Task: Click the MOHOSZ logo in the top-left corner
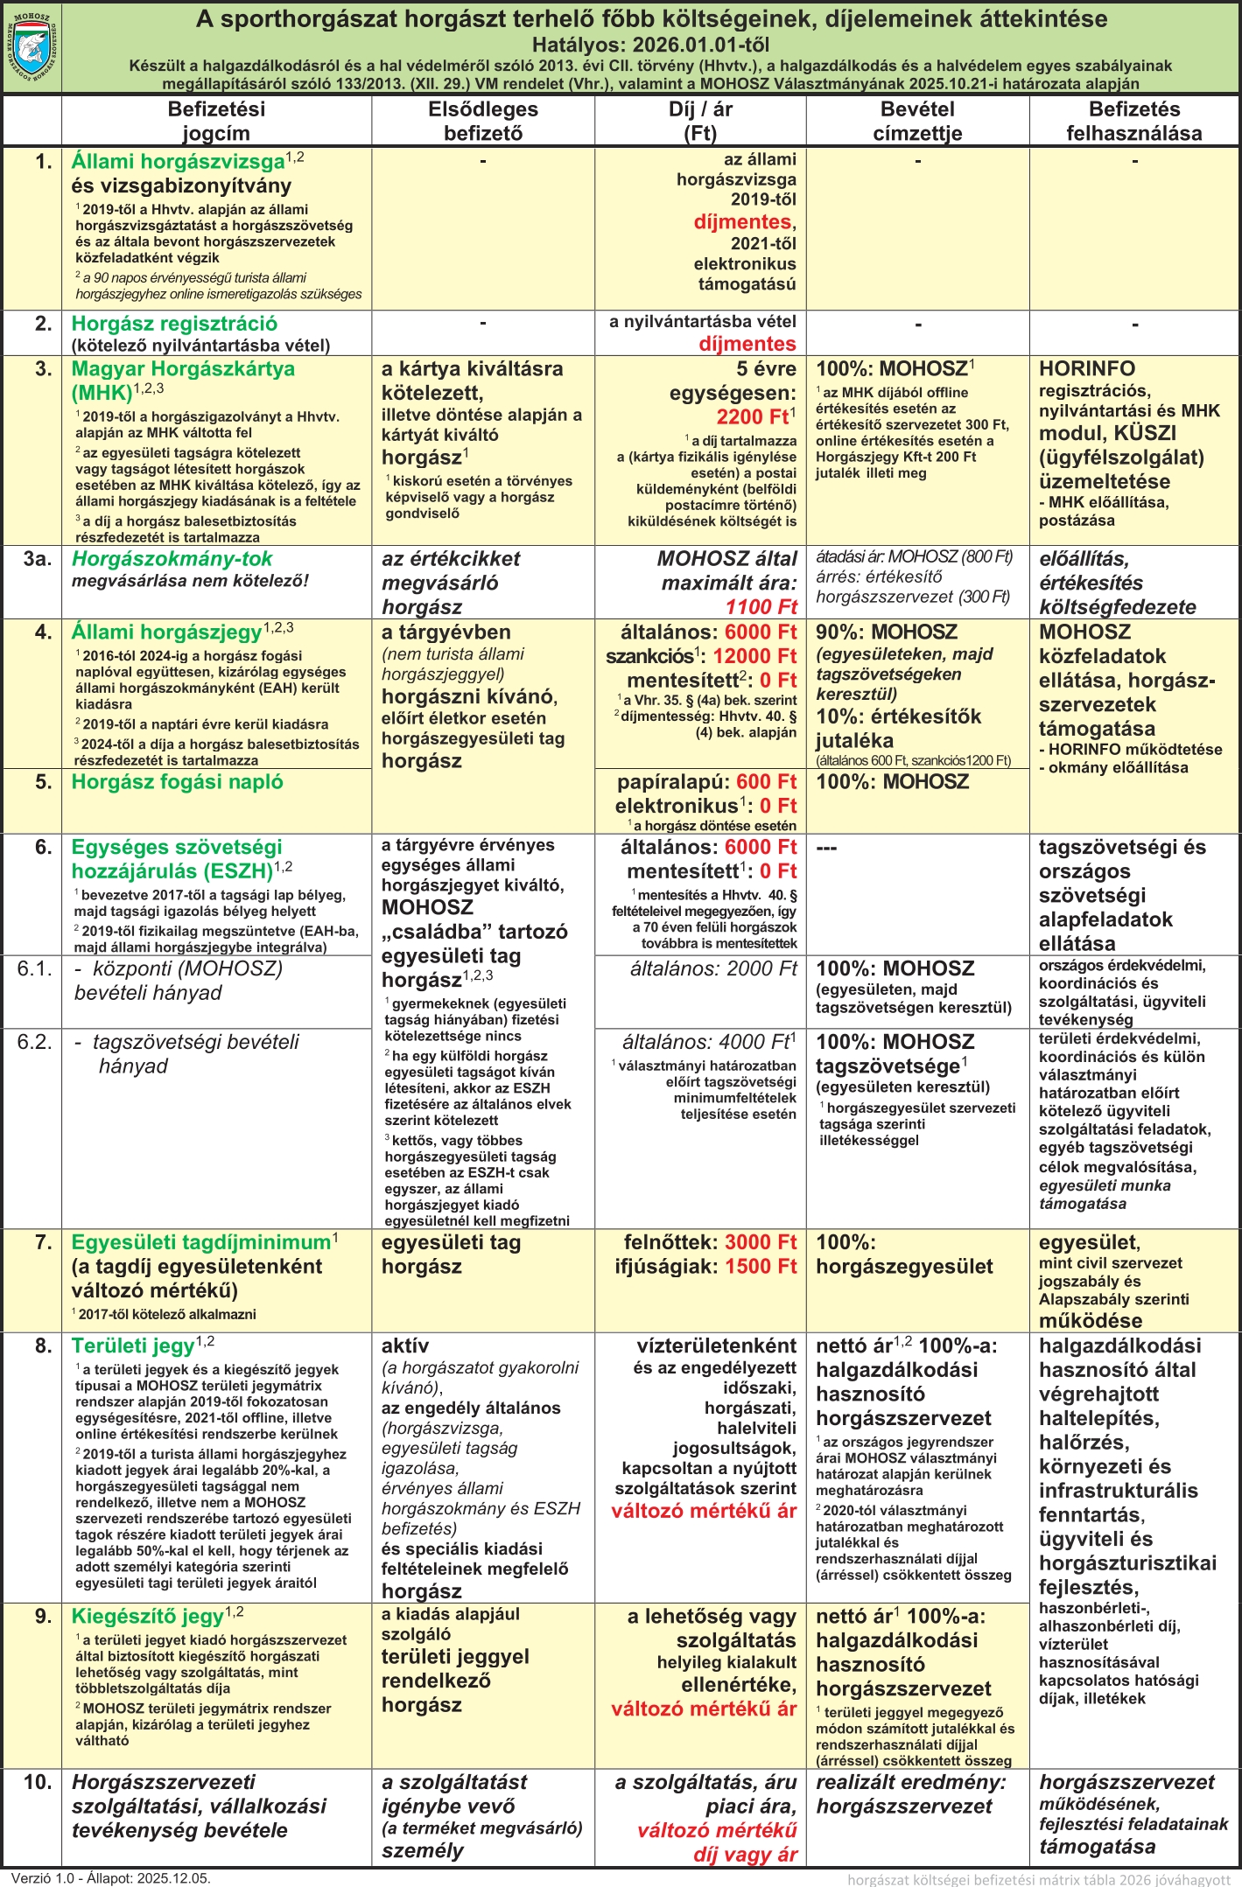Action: point(32,47)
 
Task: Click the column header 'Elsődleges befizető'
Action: point(483,121)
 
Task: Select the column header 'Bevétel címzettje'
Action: point(917,121)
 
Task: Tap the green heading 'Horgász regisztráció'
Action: point(174,324)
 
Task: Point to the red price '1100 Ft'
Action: point(761,607)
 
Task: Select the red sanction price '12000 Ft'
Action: point(754,656)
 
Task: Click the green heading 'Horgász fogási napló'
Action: point(177,782)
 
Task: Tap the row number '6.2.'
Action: point(35,1042)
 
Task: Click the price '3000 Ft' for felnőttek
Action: point(761,1242)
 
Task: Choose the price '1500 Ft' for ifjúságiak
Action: point(761,1266)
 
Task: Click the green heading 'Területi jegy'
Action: point(132,1346)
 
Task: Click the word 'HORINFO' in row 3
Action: point(1087,369)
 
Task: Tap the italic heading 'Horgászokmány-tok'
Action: point(172,559)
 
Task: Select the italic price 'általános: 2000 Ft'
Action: point(713,968)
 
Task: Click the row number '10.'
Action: point(38,1782)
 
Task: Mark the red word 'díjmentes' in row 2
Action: point(747,344)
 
